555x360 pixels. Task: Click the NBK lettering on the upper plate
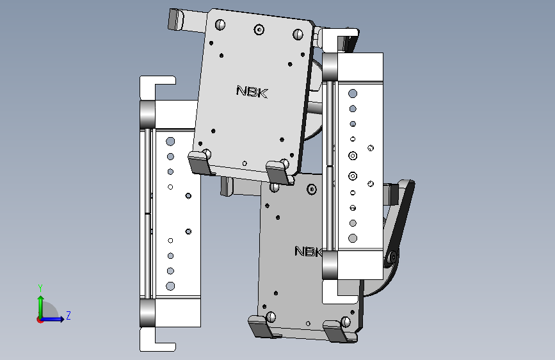pos(252,92)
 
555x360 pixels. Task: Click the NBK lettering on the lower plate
pos(309,251)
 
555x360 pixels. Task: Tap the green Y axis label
pos(40,288)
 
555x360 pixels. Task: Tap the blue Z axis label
pos(68,315)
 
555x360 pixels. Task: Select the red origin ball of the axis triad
pos(40,320)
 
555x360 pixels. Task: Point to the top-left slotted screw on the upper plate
pos(220,25)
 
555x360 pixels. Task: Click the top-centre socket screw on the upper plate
pos(259,29)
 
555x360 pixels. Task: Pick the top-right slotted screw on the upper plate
pos(298,35)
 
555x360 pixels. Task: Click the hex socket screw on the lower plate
pos(312,189)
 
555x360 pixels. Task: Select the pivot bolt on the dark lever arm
pos(392,258)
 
